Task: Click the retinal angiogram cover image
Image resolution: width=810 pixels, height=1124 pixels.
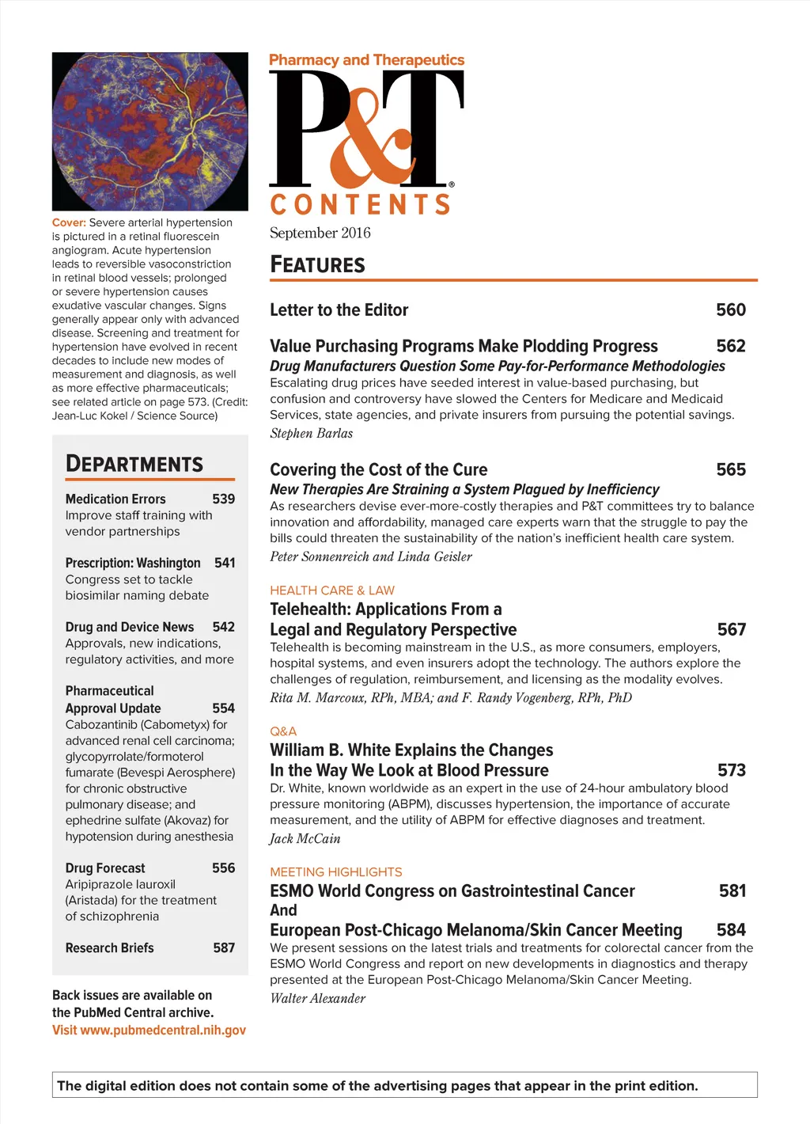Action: [x=150, y=131]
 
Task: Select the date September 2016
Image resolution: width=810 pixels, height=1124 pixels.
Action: [x=320, y=233]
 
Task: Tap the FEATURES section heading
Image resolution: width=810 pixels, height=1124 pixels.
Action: [x=317, y=264]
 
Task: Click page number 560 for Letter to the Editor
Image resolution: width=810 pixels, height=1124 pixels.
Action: [x=730, y=309]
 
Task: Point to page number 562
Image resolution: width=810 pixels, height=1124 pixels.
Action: [x=730, y=346]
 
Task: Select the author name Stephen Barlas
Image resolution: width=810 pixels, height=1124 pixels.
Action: [x=311, y=433]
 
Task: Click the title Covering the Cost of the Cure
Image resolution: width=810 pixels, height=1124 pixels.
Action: [x=378, y=469]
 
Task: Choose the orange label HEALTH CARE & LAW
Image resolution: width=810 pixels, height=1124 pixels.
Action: [x=331, y=590]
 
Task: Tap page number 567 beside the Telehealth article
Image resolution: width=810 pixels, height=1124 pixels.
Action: [x=731, y=629]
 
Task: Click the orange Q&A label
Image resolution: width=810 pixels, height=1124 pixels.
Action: [x=283, y=731]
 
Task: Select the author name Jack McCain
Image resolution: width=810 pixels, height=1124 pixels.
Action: [x=305, y=838]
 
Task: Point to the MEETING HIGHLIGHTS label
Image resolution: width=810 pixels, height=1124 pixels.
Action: [x=335, y=871]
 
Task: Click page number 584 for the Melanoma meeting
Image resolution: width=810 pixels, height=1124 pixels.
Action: [x=731, y=929]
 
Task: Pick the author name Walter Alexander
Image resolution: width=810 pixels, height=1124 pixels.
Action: [x=317, y=998]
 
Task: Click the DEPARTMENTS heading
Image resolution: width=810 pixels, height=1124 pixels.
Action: [x=134, y=464]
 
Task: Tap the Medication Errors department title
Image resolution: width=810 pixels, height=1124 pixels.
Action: [x=115, y=499]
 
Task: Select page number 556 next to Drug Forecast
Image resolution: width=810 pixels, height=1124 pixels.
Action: [x=223, y=868]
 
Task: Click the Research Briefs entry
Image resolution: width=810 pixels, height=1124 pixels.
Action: [x=110, y=947]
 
